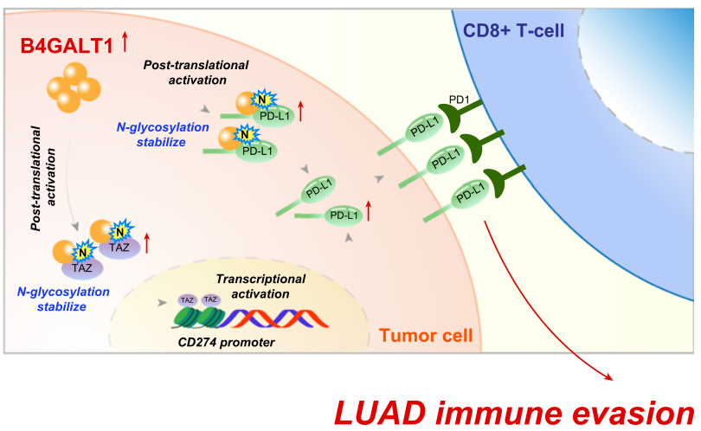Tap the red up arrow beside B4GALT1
tap(125, 39)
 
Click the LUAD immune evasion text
tap(513, 409)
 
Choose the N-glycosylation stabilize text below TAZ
tap(63, 298)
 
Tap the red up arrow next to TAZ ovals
tap(147, 242)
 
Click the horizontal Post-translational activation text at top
tap(196, 73)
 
